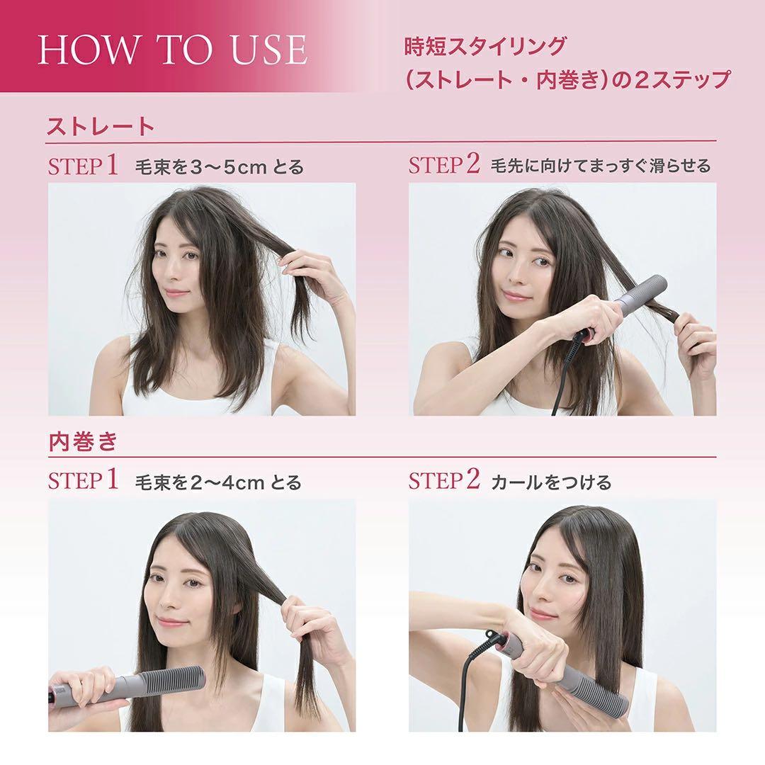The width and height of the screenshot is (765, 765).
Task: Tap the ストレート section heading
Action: click(x=100, y=127)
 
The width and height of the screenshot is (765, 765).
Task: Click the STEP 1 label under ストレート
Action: click(x=82, y=166)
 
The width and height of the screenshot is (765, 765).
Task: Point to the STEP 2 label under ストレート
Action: click(x=444, y=166)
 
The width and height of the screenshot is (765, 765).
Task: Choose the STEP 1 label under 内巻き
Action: click(x=82, y=482)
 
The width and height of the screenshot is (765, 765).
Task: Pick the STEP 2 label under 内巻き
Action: click(x=444, y=482)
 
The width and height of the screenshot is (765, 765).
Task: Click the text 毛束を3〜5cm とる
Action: click(x=219, y=168)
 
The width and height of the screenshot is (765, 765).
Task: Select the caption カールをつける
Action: click(x=550, y=483)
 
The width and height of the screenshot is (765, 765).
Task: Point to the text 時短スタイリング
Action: click(x=484, y=47)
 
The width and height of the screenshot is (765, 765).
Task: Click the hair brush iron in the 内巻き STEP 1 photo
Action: click(x=142, y=684)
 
